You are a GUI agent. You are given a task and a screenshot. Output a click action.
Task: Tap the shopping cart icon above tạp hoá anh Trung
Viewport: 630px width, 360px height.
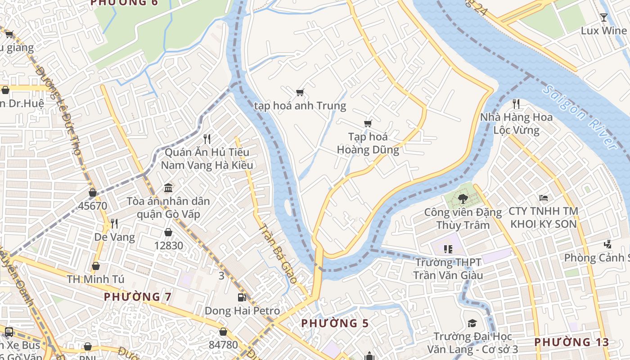(300, 93)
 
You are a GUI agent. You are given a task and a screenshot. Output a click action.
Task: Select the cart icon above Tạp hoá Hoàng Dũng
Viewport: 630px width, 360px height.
(368, 123)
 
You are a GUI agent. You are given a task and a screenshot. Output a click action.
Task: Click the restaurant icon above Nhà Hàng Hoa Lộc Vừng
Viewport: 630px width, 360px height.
(516, 104)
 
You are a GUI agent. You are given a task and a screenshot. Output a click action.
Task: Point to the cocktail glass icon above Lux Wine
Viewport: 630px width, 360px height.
(603, 18)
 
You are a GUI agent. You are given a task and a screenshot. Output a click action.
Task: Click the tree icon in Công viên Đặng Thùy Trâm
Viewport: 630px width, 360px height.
(463, 198)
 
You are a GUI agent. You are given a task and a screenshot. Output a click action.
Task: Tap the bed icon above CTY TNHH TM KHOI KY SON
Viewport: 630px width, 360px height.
(544, 198)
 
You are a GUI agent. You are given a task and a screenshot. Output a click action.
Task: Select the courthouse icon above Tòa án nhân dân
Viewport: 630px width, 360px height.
(168, 188)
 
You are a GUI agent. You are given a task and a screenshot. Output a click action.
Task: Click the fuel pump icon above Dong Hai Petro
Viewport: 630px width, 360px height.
(242, 297)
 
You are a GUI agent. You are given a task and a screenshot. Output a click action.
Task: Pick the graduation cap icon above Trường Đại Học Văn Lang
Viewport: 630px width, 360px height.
(472, 323)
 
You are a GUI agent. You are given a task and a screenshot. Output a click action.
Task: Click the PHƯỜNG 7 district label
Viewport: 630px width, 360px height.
(138, 297)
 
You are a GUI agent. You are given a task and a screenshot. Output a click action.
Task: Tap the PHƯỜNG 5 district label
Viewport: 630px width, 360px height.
(335, 323)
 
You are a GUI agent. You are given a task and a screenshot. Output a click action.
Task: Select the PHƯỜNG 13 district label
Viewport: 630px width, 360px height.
(571, 342)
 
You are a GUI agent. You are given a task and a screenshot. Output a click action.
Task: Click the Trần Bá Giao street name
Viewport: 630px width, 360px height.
(278, 253)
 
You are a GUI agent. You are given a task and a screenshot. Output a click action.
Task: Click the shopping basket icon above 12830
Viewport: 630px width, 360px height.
(168, 232)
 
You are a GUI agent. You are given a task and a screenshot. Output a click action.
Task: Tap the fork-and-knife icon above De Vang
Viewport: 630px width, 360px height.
(114, 223)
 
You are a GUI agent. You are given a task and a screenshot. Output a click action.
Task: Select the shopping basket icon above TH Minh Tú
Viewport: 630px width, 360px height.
(95, 266)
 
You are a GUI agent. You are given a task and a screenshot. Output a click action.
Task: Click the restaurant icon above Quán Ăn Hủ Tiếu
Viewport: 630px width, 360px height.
(207, 138)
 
